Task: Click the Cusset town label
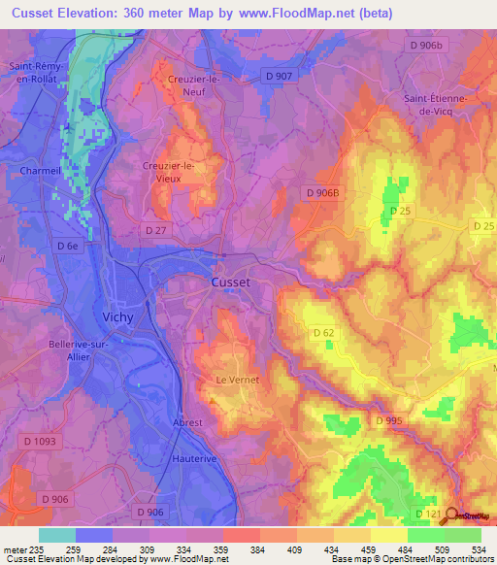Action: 231,282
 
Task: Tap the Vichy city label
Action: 118,316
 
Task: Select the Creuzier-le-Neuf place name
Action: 190,86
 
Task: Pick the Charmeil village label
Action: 41,171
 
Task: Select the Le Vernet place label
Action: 237,380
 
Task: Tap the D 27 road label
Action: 156,229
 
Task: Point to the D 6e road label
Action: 67,247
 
